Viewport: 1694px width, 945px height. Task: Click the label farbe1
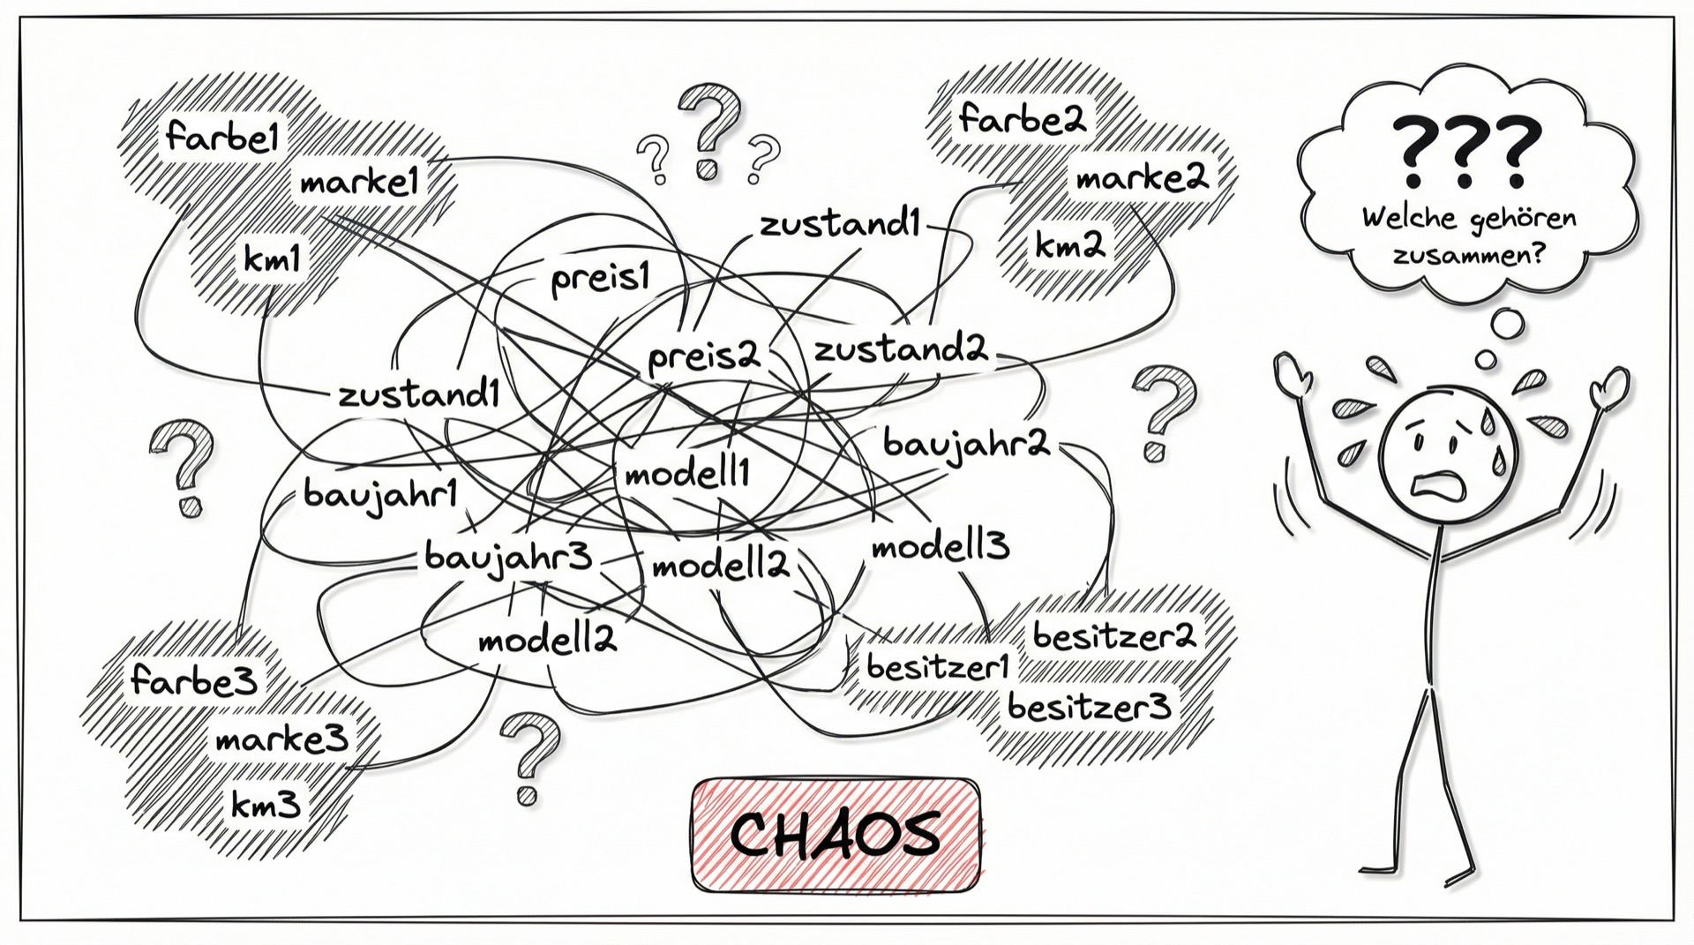pos(222,138)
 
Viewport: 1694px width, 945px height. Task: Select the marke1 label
pos(358,183)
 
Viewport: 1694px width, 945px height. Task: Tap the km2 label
pos(1070,244)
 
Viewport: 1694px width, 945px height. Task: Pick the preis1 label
pos(600,280)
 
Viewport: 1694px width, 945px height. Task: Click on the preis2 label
pos(703,357)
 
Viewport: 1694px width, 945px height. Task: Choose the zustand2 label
pos(900,350)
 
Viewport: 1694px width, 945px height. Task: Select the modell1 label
pos(687,475)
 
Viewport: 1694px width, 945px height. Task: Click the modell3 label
pos(941,547)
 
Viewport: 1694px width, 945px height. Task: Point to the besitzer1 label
pos(937,666)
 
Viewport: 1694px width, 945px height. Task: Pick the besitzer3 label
pos(1090,706)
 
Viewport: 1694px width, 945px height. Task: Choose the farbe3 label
pos(194,680)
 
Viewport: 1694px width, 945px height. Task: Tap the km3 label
pos(266,804)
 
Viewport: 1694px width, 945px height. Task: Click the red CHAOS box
pos(836,835)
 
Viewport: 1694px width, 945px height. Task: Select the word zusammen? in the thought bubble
pos(1469,255)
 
